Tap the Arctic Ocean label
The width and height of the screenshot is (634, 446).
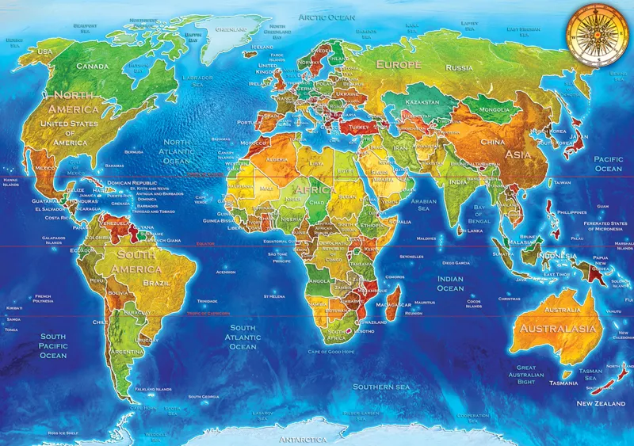(x=327, y=16)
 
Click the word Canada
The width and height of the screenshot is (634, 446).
(x=91, y=66)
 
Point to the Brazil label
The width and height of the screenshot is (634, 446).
(x=158, y=282)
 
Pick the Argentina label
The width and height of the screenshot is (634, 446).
(x=127, y=351)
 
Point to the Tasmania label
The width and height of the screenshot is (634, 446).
(x=563, y=383)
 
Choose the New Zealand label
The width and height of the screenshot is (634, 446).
(x=602, y=403)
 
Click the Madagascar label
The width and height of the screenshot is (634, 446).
(x=394, y=304)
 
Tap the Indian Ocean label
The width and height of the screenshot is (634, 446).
(x=450, y=284)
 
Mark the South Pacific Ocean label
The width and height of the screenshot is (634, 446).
(x=53, y=345)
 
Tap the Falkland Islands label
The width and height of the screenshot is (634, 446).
(x=153, y=389)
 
